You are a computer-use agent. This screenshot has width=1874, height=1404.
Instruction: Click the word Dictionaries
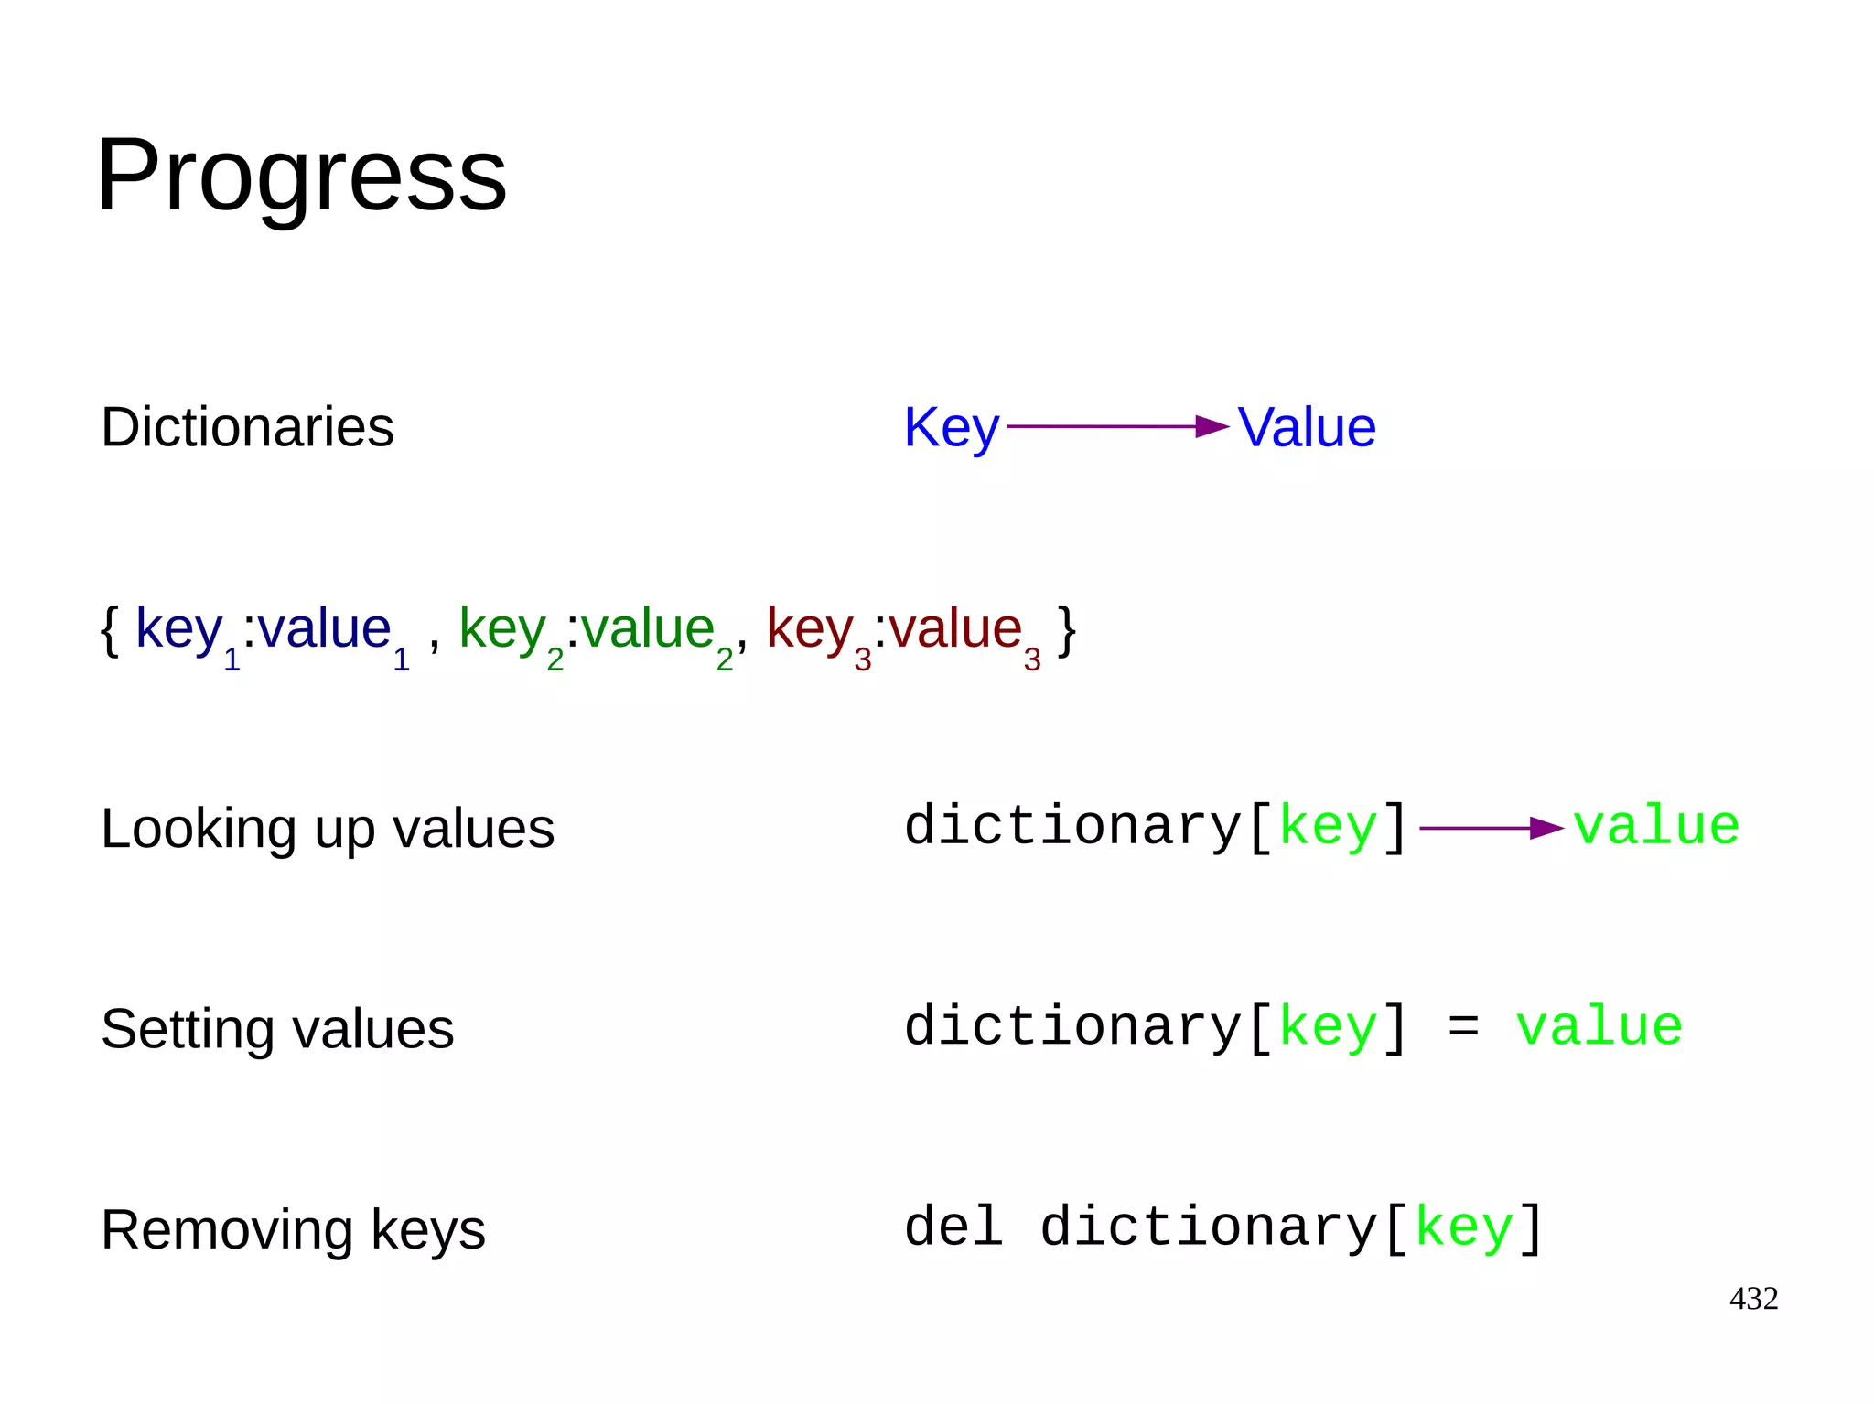pos(247,427)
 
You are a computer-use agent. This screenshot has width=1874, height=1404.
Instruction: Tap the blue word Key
pos(951,427)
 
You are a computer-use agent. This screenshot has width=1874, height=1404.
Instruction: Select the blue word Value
pos(1307,427)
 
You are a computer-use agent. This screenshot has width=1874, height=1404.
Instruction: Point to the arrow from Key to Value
pos(1117,427)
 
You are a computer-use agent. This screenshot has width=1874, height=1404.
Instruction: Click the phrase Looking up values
pos(328,829)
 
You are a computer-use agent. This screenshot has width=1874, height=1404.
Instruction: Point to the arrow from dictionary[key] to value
pos(1491,829)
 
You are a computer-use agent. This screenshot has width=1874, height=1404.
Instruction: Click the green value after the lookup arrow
pos(1655,826)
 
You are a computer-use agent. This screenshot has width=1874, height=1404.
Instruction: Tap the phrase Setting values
pos(277,1029)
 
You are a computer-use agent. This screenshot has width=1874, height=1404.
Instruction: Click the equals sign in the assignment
pos(1463,1027)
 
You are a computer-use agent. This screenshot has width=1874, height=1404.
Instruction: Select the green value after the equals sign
pos(1599,1026)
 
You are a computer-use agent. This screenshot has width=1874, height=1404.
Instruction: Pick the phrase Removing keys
pos(293,1229)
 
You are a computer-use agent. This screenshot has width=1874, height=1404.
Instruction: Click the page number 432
pos(1753,1299)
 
